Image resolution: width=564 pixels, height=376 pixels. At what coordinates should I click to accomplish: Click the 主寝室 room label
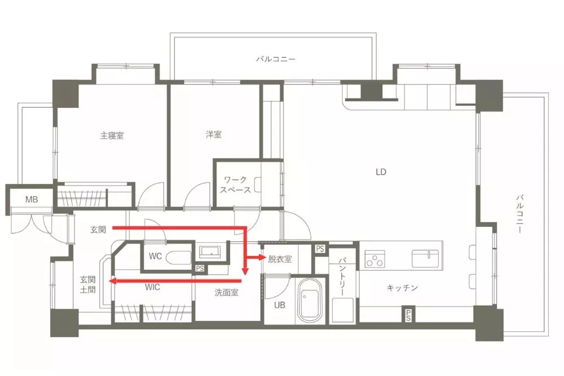[112, 136]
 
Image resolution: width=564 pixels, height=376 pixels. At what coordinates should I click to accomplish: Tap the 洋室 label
[214, 135]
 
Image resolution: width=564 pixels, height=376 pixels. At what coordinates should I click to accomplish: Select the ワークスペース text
[236, 185]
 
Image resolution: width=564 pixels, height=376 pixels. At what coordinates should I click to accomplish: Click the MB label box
[32, 200]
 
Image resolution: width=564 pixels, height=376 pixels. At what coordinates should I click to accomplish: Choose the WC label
[156, 256]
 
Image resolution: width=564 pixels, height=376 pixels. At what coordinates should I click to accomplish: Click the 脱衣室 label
[280, 259]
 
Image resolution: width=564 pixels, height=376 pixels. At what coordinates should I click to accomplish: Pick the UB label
[280, 305]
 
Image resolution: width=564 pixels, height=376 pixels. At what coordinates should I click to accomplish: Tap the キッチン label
[402, 288]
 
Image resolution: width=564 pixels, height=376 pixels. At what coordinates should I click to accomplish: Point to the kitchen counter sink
[425, 258]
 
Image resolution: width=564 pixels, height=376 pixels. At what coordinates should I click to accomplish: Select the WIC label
[152, 287]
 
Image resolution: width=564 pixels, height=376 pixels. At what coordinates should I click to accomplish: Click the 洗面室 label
[227, 293]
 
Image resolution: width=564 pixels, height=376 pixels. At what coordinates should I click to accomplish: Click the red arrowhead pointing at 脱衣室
[262, 258]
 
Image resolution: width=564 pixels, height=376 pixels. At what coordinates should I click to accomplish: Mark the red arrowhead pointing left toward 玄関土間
[113, 280]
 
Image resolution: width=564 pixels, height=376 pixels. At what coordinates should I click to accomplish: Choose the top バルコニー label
[276, 59]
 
